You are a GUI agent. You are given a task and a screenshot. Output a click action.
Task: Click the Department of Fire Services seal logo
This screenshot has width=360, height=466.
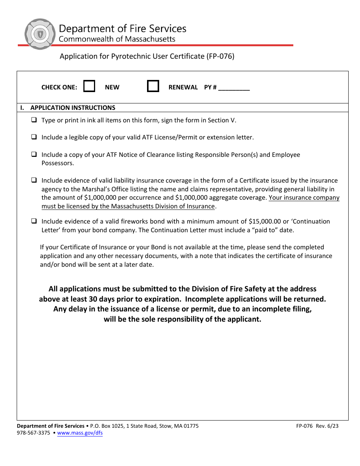click(x=40, y=34)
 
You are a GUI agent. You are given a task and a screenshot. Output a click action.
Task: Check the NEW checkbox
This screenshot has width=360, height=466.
click(x=89, y=86)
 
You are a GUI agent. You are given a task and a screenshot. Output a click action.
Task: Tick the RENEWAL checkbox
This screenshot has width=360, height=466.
click(x=153, y=86)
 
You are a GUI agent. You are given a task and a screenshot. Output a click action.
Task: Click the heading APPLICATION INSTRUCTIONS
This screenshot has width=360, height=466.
click(x=73, y=108)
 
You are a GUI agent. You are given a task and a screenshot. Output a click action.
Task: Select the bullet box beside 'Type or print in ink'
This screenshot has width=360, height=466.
click(x=34, y=120)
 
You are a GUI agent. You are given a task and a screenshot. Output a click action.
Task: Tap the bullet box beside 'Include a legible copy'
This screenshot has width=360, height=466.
click(x=34, y=137)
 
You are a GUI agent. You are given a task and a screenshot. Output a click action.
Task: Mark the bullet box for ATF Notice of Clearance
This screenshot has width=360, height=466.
click(x=34, y=155)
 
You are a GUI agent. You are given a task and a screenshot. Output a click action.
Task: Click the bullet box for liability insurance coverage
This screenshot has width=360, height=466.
click(x=34, y=180)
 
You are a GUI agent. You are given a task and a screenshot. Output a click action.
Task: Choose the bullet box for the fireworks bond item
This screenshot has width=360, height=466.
click(x=34, y=221)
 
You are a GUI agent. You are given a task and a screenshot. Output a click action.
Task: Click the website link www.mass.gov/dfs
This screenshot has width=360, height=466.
click(x=80, y=433)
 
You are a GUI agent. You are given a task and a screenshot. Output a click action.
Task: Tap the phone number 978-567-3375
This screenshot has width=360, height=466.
click(x=33, y=433)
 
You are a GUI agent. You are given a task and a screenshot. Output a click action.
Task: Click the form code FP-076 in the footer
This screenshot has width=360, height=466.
click(x=304, y=426)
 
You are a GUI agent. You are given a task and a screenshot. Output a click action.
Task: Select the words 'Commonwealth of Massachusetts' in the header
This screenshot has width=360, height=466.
click(x=117, y=39)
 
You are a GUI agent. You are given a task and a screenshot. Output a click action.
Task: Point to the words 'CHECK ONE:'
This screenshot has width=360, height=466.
click(x=59, y=87)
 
